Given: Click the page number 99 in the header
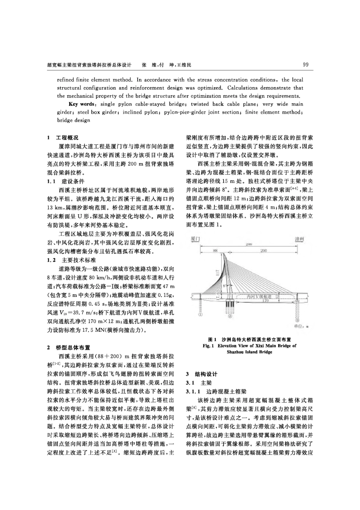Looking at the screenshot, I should coord(306,65).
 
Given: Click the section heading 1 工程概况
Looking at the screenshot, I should coord(63,138).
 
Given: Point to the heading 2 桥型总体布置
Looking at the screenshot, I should coord(69,347).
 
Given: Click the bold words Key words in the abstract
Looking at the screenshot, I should coord(81,104).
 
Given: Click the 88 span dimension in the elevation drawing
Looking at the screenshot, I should coord(215,250).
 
